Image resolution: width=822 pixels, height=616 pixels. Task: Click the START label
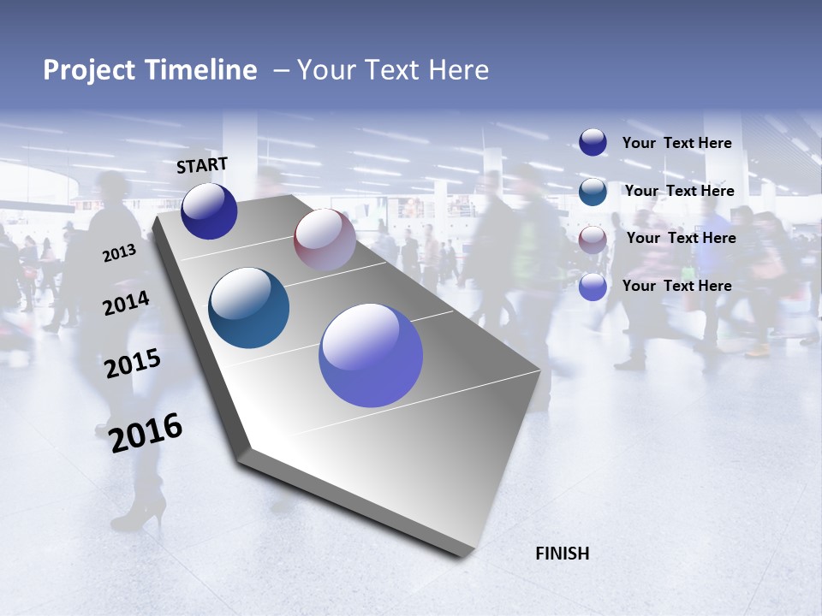tap(202, 165)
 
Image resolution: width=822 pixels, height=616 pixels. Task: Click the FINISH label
tap(562, 554)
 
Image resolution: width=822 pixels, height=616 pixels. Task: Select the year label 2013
tap(119, 253)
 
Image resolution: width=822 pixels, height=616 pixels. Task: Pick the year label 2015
tap(132, 364)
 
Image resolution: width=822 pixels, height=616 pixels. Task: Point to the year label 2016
tap(146, 432)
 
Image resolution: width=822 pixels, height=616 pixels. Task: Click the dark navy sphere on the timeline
tap(209, 210)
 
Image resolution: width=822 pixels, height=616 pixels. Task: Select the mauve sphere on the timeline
tap(325, 240)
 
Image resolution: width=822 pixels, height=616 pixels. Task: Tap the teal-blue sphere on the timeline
tap(248, 308)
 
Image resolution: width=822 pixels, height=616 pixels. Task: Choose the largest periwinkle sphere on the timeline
tap(371, 355)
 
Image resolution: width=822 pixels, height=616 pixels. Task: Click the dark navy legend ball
tap(593, 142)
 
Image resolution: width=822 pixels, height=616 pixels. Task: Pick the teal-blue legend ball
tap(593, 191)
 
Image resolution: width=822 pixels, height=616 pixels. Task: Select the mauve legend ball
tap(593, 239)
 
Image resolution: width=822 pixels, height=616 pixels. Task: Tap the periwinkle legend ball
tap(593, 287)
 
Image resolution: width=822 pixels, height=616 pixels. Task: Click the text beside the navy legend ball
tap(676, 143)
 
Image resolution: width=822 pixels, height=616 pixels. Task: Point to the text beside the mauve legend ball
tap(681, 238)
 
